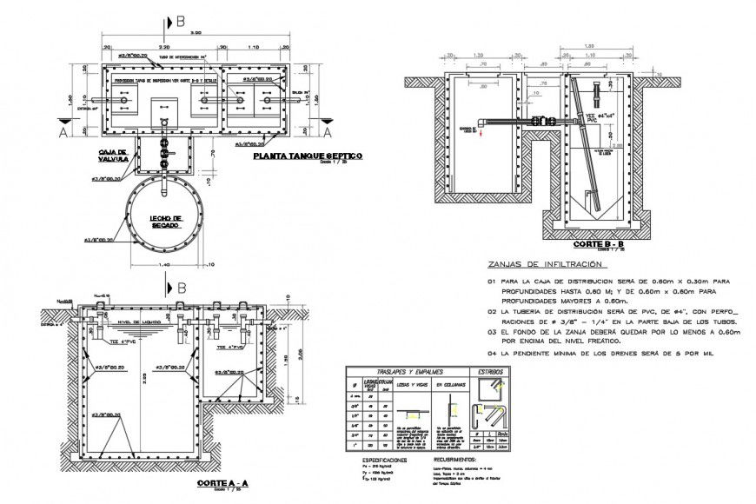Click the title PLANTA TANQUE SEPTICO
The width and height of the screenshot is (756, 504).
(x=306, y=157)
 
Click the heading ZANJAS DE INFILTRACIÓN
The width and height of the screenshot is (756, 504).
(x=545, y=263)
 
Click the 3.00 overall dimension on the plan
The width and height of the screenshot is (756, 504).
(x=197, y=32)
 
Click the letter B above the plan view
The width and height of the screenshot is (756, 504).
(x=179, y=18)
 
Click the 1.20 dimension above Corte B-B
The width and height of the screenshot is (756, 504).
(x=589, y=46)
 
